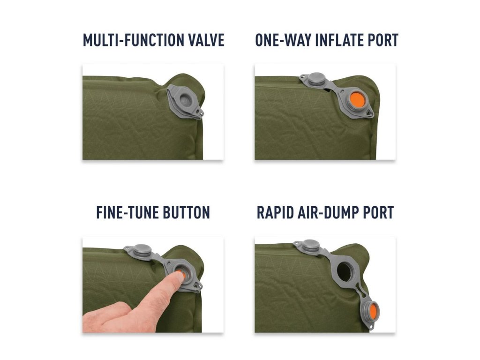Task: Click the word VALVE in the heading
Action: coord(206,40)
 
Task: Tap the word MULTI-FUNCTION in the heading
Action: coord(133,40)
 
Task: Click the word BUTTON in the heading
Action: coord(186,212)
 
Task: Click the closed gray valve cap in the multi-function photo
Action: coord(185,100)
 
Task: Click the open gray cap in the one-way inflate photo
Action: coord(316,78)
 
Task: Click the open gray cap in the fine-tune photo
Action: coord(142,250)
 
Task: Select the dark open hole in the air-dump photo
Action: coord(345,271)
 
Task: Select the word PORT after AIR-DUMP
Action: coord(378,212)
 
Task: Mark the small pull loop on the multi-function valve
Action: coord(200,112)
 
